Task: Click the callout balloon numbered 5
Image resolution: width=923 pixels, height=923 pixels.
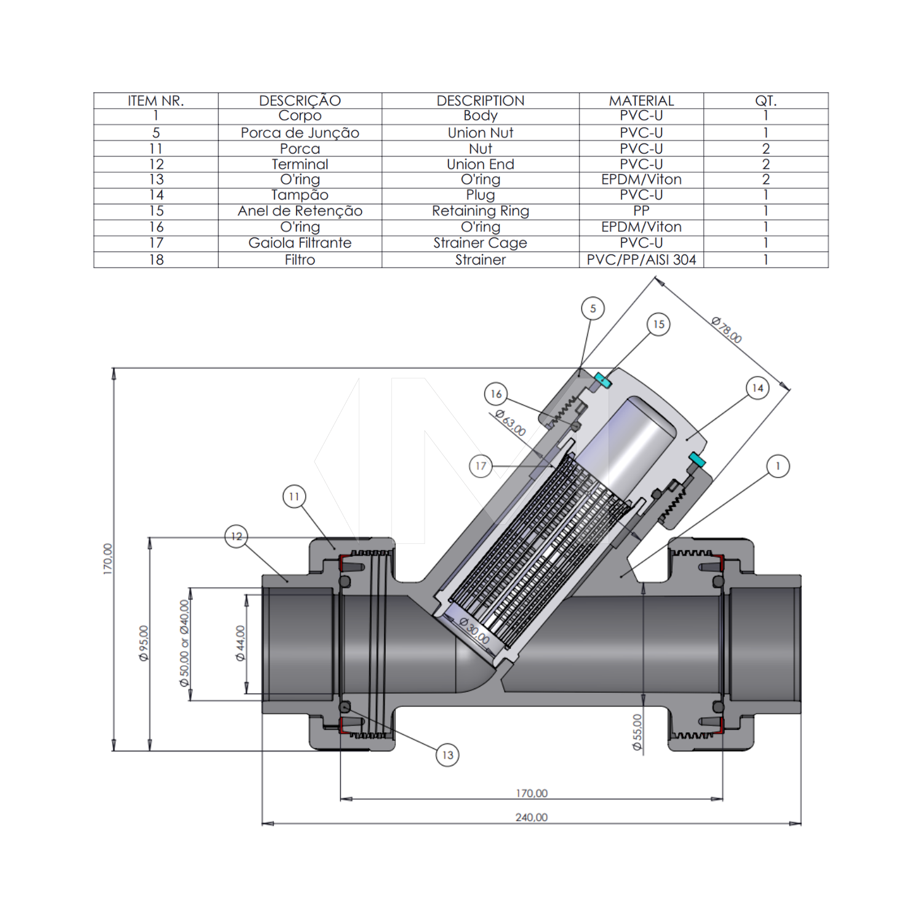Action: [x=593, y=308]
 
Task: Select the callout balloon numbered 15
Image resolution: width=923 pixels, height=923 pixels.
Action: [x=658, y=324]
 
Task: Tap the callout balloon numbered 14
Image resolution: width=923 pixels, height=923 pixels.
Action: [x=757, y=388]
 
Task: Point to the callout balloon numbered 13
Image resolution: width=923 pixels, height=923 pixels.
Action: [x=447, y=755]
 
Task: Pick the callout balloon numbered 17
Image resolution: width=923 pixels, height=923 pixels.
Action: [x=481, y=466]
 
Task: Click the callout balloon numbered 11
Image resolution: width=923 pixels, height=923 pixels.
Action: [x=294, y=496]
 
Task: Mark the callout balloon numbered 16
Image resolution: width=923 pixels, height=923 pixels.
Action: [x=496, y=394]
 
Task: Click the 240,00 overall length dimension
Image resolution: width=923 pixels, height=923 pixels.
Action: [x=531, y=817]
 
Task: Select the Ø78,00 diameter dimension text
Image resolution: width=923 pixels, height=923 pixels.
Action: [x=727, y=330]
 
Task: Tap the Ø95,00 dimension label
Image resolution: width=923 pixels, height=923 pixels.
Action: [x=144, y=643]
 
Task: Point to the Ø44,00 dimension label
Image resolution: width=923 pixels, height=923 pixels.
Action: [x=241, y=643]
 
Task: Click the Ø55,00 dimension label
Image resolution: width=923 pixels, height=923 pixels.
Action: [x=637, y=732]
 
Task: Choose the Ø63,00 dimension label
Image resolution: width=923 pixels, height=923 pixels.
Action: [x=511, y=423]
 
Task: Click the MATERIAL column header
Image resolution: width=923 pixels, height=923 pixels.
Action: [x=641, y=101]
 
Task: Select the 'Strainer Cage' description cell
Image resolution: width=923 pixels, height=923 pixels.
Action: [x=480, y=243]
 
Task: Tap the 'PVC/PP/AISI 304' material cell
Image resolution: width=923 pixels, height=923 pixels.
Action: [x=641, y=260]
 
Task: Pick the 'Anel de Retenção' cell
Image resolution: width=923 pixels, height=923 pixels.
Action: [x=300, y=211]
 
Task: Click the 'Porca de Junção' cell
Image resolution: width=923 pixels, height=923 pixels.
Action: [x=300, y=133]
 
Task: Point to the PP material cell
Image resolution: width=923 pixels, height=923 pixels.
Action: [x=641, y=211]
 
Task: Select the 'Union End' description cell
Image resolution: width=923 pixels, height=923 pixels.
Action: [x=480, y=164]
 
